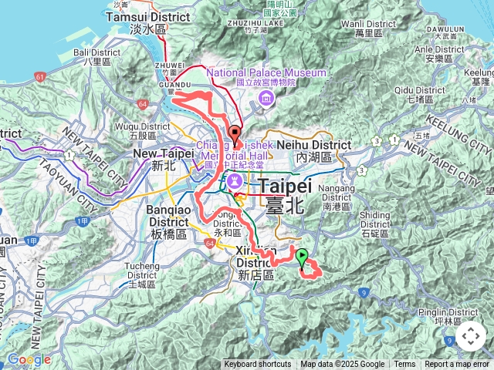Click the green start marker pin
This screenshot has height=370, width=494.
(302, 257)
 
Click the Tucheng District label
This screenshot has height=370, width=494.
(137, 274)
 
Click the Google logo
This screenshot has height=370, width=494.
(29, 359)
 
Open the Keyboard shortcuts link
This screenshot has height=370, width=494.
(258, 365)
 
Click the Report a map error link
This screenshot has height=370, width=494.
(457, 365)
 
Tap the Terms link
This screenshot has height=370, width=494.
(404, 365)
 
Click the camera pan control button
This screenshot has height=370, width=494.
(471, 336)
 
